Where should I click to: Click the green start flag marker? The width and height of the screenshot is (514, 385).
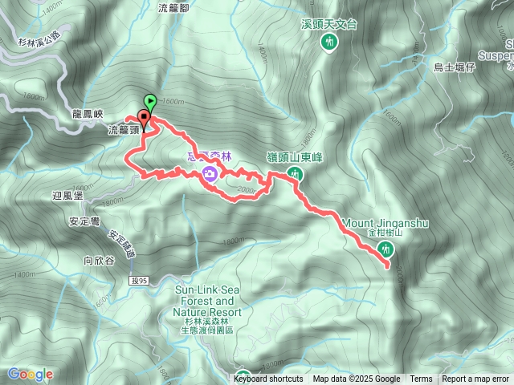150,101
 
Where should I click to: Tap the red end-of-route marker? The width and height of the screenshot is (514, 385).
143,113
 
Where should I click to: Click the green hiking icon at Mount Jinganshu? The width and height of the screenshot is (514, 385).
387,249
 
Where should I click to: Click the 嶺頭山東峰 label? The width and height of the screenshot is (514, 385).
294,157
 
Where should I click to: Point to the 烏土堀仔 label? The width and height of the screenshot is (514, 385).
455,67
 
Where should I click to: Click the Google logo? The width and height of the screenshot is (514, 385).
31,375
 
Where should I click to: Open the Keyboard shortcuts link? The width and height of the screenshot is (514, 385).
270,379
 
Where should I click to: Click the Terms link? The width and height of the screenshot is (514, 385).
421,379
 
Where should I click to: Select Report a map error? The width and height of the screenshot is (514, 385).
475,379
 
